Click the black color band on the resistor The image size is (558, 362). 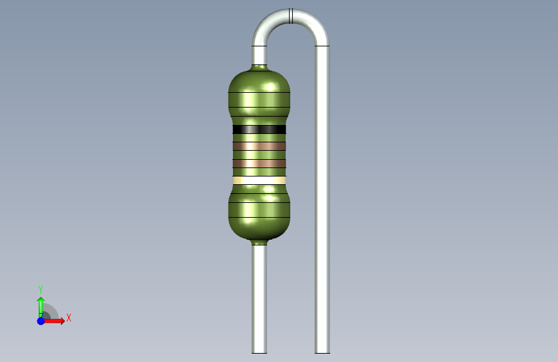(x=259, y=129)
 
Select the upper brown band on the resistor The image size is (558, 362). (x=259, y=146)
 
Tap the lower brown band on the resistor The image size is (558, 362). (x=259, y=164)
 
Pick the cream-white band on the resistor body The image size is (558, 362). (x=259, y=180)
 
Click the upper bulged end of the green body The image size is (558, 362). (x=259, y=93)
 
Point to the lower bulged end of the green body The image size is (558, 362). (x=259, y=216)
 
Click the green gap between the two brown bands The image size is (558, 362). (x=259, y=155)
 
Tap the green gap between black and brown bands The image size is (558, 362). (x=259, y=138)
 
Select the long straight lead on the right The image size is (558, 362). (x=322, y=200)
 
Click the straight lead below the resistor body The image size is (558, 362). (x=259, y=300)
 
